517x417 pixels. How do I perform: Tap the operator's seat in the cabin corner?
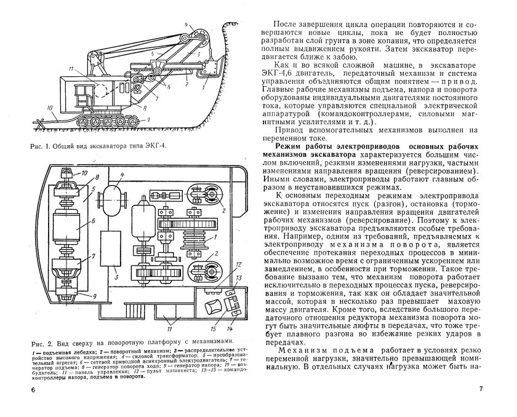pyautogui.click(x=216, y=304)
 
